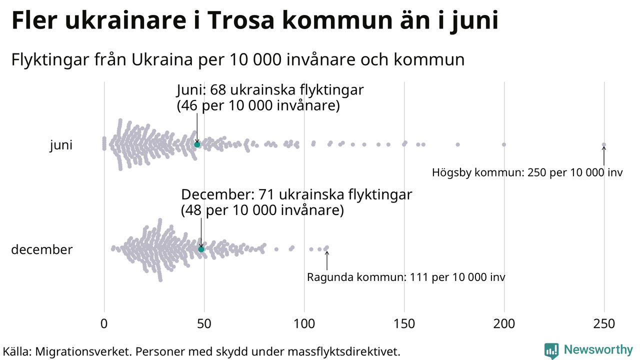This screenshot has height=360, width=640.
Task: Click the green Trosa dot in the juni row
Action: [x=197, y=144]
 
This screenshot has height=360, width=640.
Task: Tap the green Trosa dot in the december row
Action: [x=201, y=249]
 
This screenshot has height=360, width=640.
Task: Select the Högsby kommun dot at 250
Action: [x=604, y=144]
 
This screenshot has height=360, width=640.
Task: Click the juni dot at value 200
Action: [x=504, y=144]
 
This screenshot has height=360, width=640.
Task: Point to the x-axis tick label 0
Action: [x=104, y=324]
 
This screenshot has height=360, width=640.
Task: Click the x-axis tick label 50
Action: [x=204, y=324]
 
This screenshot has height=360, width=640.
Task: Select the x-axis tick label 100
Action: [x=304, y=324]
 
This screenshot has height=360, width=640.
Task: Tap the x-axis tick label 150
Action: [x=404, y=324]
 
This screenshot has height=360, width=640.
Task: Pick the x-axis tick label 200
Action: [x=504, y=324]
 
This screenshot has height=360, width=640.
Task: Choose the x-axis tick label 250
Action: [x=604, y=324]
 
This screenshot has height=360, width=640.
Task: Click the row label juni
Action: [x=61, y=145]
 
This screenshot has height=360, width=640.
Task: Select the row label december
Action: [x=42, y=249]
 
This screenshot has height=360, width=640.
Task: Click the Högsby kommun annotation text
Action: [x=527, y=173]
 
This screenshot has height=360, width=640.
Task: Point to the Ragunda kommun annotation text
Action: [x=406, y=277]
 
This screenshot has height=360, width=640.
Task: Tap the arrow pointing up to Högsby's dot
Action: [x=604, y=156]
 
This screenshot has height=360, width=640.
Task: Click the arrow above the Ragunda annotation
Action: [x=327, y=260]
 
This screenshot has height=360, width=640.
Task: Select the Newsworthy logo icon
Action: [x=551, y=350]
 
